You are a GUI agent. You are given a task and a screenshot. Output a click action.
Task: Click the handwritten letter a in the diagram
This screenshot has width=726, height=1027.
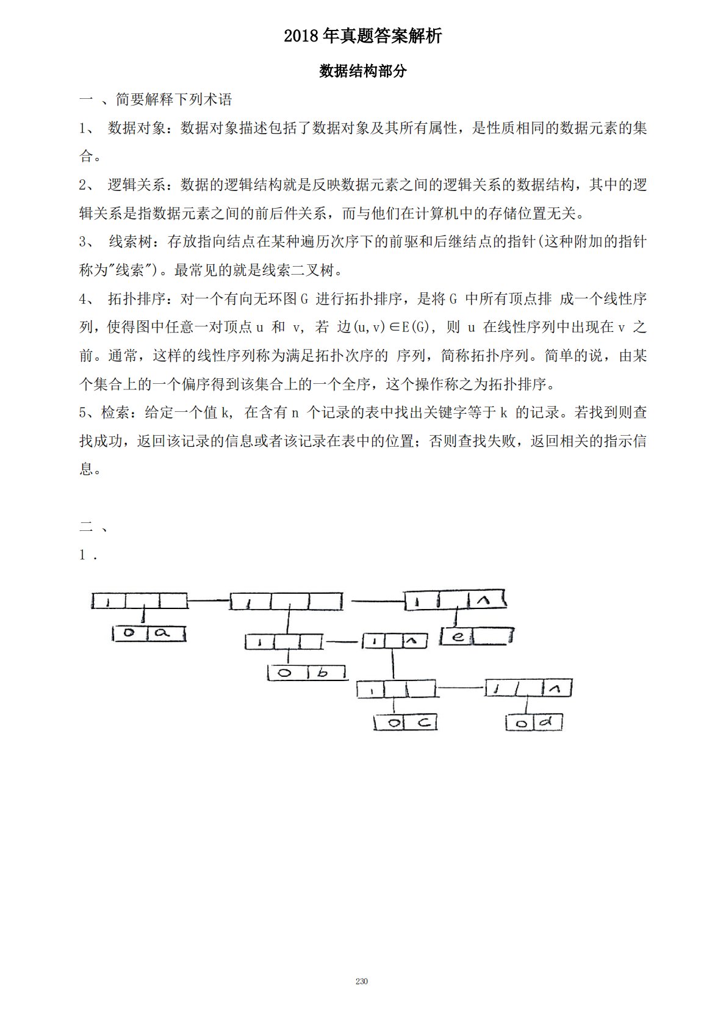pyautogui.click(x=162, y=633)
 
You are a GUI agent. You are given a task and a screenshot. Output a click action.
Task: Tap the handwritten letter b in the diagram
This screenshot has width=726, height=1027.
pyautogui.click(x=323, y=673)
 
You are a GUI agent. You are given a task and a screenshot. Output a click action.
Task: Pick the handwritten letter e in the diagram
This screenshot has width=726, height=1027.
pyautogui.click(x=459, y=637)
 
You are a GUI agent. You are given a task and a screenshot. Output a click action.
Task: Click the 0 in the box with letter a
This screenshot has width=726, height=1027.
pyautogui.click(x=129, y=633)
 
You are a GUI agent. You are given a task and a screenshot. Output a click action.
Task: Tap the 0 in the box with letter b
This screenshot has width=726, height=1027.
pyautogui.click(x=285, y=673)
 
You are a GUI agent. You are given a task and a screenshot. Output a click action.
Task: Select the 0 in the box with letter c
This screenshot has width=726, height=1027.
pyautogui.click(x=395, y=723)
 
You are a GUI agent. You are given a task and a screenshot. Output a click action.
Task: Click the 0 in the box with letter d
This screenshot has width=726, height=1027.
pyautogui.click(x=522, y=724)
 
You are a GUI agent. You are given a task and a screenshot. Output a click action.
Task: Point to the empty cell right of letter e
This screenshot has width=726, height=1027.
pyautogui.click(x=491, y=637)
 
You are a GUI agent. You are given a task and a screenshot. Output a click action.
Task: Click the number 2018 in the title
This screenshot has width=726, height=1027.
pyautogui.click(x=301, y=37)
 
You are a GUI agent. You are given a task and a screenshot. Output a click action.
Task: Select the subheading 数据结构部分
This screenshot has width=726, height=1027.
pyautogui.click(x=363, y=71)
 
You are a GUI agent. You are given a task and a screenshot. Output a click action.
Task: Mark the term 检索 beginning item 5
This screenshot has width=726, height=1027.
pyautogui.click(x=115, y=413)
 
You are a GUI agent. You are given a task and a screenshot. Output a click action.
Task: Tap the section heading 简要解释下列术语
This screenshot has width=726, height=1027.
pyautogui.click(x=174, y=99)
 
